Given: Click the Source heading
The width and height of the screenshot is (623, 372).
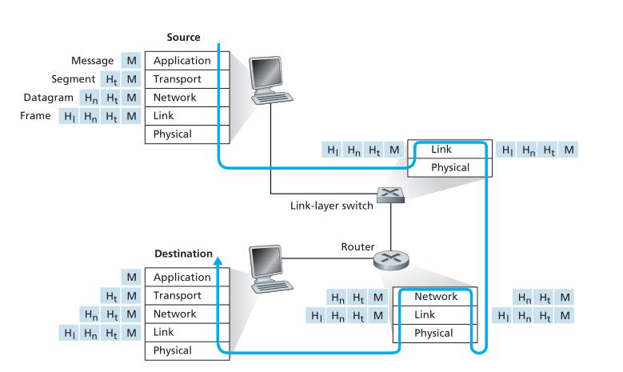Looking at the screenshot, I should (183, 38).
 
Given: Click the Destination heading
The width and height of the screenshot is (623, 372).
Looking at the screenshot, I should (183, 254).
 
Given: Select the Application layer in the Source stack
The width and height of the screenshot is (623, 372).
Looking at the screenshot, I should (182, 61).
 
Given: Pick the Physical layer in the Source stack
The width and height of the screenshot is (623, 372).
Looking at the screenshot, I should (173, 134).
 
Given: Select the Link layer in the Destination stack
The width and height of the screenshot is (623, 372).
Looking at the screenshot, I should (165, 332).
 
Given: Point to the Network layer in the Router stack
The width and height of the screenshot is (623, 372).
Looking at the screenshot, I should (436, 297).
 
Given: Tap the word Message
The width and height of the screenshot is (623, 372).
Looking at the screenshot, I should (92, 61).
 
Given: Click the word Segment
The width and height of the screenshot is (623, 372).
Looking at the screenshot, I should (73, 79).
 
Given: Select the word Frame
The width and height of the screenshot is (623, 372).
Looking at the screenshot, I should (37, 116).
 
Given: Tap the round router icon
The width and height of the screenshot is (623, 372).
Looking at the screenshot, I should (390, 260).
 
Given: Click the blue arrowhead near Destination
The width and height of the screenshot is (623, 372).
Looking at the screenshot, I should (218, 259).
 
